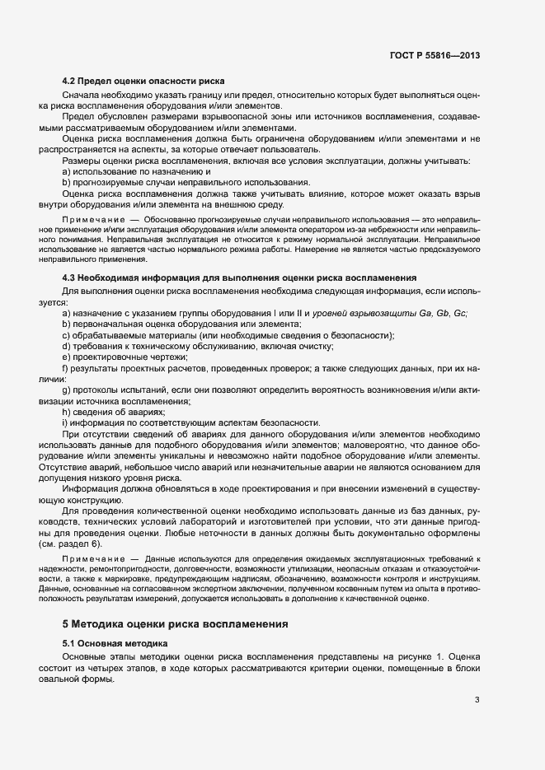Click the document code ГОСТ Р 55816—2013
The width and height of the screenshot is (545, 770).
click(434, 55)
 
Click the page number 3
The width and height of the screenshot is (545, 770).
click(477, 701)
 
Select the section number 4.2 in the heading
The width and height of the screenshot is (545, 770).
click(70, 82)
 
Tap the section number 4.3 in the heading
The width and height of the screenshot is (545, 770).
click(70, 278)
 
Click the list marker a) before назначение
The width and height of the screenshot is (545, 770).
click(66, 315)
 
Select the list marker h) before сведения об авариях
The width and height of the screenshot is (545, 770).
click(66, 411)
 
